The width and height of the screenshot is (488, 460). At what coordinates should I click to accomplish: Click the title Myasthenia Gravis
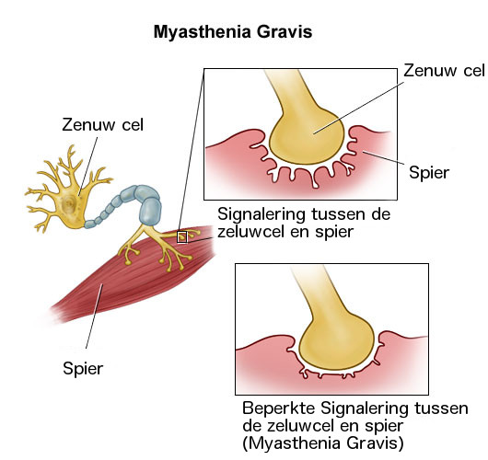pyautogui.click(x=233, y=32)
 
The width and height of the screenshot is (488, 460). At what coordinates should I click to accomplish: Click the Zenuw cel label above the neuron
pyautogui.click(x=103, y=125)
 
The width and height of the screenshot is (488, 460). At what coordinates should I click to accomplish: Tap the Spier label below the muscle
pyautogui.click(x=83, y=369)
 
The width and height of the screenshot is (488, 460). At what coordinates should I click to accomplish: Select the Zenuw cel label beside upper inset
pyautogui.click(x=444, y=71)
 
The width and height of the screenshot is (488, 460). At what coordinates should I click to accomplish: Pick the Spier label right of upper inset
pyautogui.click(x=429, y=173)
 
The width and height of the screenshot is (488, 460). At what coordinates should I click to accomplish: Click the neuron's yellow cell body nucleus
pyautogui.click(x=69, y=203)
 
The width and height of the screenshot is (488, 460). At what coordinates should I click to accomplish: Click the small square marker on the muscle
pyautogui.click(x=181, y=237)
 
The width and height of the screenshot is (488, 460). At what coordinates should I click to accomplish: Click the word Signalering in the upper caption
pyautogui.click(x=261, y=214)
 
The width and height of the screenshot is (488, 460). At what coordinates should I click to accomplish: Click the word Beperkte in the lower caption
pyautogui.click(x=279, y=408)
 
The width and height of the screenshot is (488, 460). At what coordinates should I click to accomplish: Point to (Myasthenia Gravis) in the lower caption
pyautogui.click(x=323, y=443)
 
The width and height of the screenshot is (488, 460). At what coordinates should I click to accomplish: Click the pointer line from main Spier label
pyautogui.click(x=94, y=316)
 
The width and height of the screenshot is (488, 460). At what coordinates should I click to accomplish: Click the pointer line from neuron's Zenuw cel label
pyautogui.click(x=87, y=167)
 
